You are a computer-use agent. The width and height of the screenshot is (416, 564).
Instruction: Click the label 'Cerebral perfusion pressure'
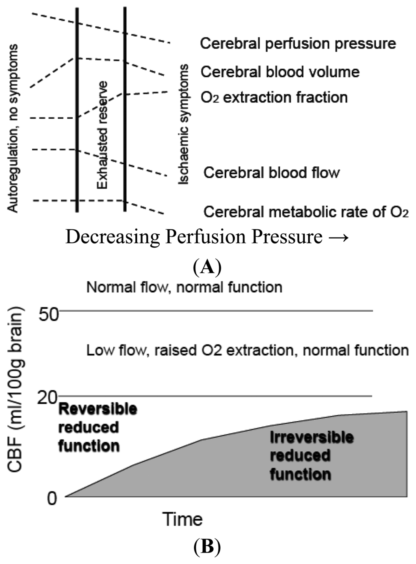[x=298, y=44]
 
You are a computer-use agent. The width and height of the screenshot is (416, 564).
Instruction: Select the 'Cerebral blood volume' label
[x=280, y=72]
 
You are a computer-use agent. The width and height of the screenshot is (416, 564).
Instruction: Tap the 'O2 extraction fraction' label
[x=274, y=98]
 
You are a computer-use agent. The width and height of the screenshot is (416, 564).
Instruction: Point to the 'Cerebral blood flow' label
[x=271, y=172]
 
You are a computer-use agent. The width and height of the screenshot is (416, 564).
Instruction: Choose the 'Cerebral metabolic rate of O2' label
[x=306, y=212]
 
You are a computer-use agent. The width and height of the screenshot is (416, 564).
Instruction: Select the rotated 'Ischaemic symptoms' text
[x=184, y=124]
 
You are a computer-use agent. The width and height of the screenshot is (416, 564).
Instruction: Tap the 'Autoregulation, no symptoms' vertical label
[x=13, y=128]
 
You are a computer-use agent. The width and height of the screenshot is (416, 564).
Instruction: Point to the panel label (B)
[x=207, y=547]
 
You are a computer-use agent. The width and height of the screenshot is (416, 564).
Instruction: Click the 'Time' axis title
[x=182, y=519]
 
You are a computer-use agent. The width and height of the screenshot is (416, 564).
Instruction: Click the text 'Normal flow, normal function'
[x=184, y=287]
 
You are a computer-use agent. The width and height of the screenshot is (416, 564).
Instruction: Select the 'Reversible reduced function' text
[x=97, y=427]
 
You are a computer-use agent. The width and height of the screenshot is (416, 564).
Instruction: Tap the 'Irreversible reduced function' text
[x=312, y=456]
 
